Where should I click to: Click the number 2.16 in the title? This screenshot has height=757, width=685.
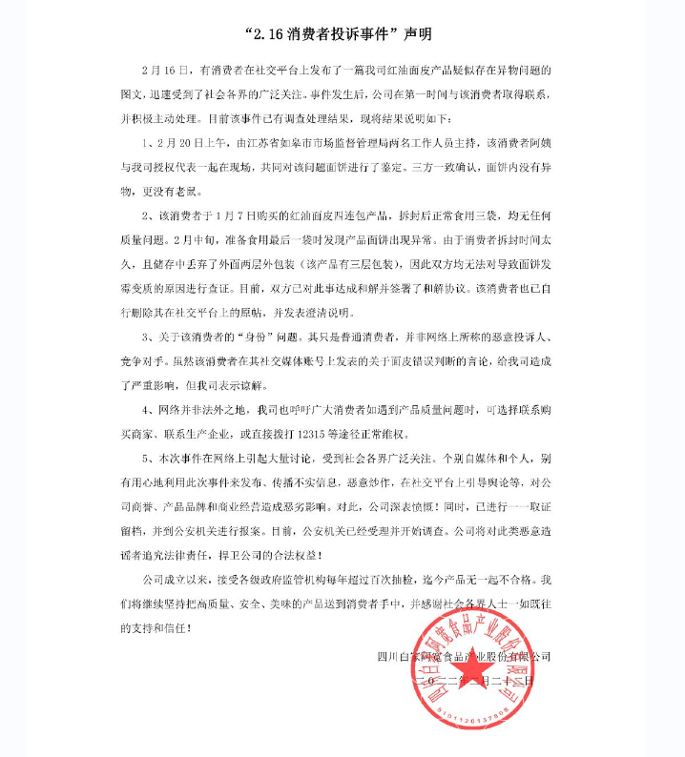coord(277,34)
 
